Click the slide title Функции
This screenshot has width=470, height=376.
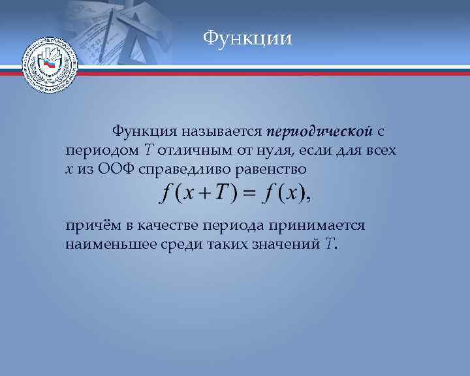tap(247, 39)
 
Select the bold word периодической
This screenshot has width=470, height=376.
tap(320, 131)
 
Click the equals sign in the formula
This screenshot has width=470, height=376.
tap(247, 194)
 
